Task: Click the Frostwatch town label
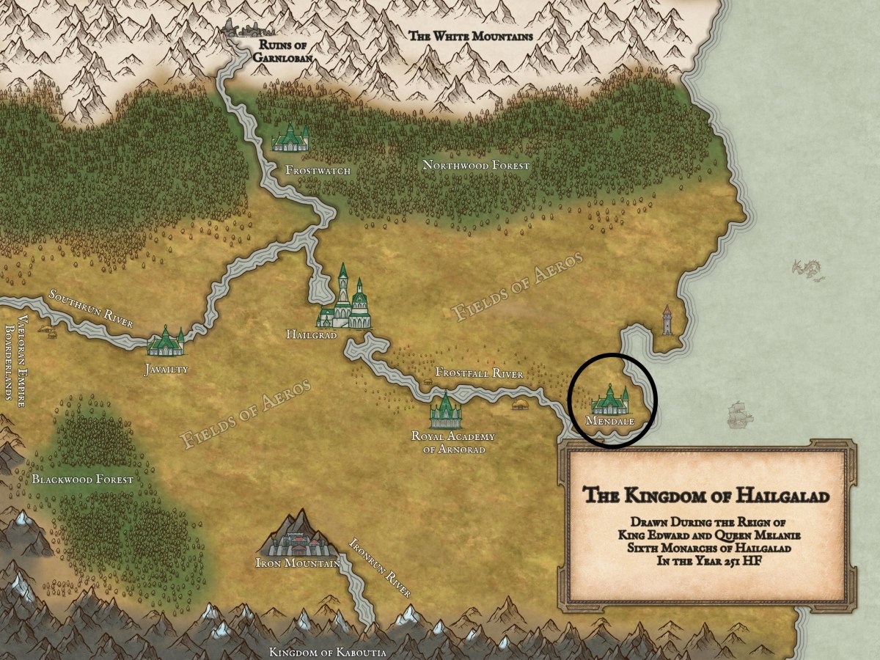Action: click(318, 171)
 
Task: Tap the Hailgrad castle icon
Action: click(345, 301)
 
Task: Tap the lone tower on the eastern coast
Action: click(667, 320)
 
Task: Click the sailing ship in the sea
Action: click(739, 415)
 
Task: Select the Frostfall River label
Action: click(480, 373)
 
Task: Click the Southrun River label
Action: click(91, 309)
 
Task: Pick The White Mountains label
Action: click(470, 35)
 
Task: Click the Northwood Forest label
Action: click(475, 166)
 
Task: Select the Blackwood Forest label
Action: click(83, 480)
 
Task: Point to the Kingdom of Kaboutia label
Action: click(327, 652)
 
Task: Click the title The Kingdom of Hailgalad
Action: click(706, 496)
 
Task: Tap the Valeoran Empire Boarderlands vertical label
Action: click(15, 359)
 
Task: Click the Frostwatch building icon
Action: click(291, 137)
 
